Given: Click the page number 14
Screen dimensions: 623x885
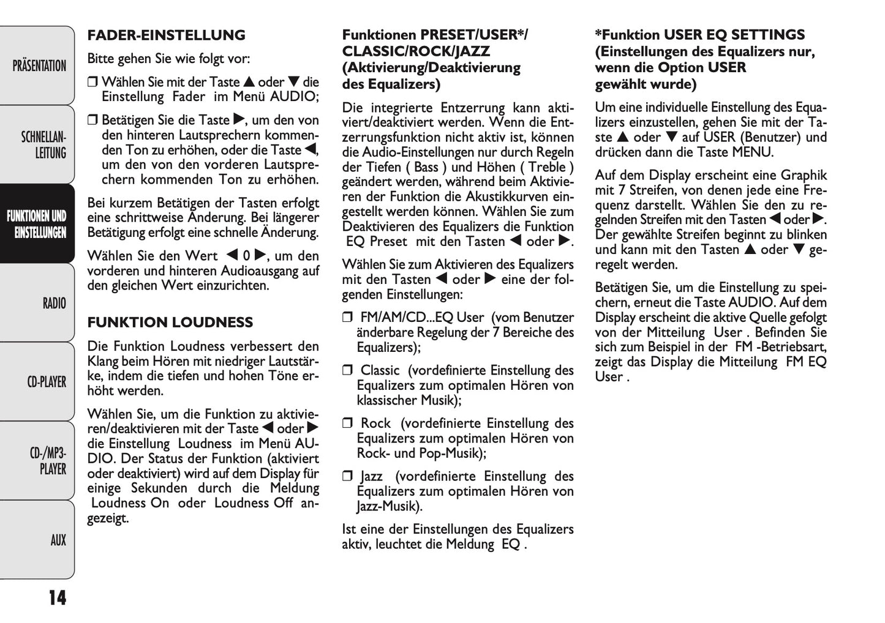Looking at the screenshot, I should click(57, 597).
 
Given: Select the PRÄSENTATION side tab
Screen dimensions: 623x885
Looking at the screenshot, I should click(39, 66).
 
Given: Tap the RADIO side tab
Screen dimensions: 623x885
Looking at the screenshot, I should click(54, 303).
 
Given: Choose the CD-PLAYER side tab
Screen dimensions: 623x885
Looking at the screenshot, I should click(47, 382).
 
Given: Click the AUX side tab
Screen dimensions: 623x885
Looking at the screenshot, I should click(58, 540).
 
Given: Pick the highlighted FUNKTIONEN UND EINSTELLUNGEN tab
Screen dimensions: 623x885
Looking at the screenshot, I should click(37, 224).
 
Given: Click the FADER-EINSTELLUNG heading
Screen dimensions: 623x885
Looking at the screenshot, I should click(166, 35).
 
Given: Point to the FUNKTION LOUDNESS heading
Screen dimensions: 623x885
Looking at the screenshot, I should click(170, 323).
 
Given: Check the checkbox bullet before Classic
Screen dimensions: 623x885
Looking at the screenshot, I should click(348, 371).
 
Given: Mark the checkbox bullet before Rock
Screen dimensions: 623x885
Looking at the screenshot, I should click(348, 423).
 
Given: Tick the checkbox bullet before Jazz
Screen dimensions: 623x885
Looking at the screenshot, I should click(348, 477).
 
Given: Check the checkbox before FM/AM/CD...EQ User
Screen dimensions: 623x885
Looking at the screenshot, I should click(348, 318).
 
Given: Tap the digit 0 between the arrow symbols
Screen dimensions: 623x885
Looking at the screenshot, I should click(246, 256).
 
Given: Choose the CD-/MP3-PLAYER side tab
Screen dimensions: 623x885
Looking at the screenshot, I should click(48, 461).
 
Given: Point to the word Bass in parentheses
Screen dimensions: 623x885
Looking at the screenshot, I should click(426, 167).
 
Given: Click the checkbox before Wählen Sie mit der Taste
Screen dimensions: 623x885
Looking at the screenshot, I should click(92, 83).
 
